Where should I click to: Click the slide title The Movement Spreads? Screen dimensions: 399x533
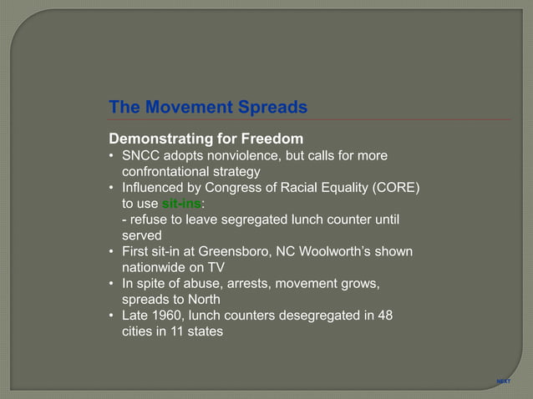pos(208,108)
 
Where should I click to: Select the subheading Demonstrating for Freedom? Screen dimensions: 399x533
pos(206,138)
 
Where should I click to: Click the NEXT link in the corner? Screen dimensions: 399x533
pos(503,381)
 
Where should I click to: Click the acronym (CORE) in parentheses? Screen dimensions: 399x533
pos(391,188)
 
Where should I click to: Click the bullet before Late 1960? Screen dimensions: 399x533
pos(112,315)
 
